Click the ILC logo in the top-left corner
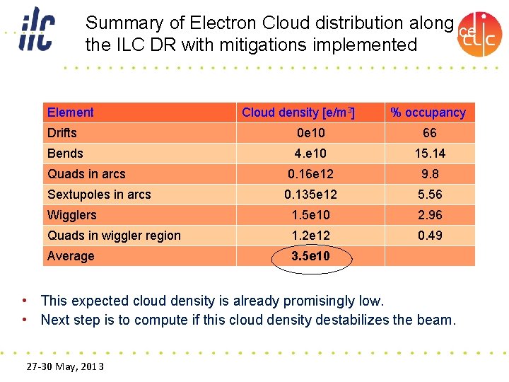36,29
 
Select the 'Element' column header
71,112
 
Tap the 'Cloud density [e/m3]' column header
298,112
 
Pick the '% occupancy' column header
428,112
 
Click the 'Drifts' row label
62,133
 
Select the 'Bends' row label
65,154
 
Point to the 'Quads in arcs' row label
86,174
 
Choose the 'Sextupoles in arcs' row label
99,195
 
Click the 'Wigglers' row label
72,215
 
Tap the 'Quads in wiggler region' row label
114,236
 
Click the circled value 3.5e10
310,256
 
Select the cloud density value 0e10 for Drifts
310,133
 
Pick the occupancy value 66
429,133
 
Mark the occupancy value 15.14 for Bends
429,154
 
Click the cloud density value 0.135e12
310,195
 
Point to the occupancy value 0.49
429,236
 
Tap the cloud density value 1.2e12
310,236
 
